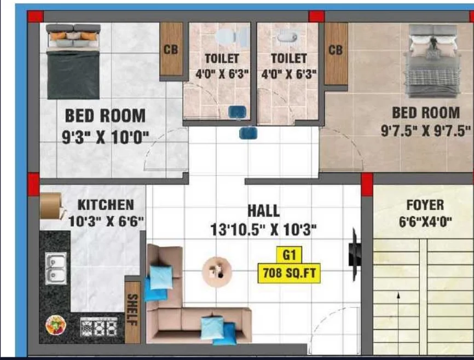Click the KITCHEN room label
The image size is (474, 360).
106,205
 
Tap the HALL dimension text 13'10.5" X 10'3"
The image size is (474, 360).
263,230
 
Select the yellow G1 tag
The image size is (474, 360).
290,256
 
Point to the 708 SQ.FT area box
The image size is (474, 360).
289,273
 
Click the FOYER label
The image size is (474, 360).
425,205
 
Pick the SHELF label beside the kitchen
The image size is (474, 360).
132,309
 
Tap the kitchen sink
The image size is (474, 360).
56,269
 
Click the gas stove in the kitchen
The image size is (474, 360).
99,327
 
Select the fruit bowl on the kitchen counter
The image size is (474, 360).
56,325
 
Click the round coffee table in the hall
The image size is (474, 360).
217,271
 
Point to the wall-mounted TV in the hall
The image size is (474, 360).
355,254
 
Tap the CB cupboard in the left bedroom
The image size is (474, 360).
171,49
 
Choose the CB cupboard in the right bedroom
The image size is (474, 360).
336,54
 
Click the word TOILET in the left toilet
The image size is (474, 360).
222,59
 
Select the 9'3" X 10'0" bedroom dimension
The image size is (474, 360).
106,138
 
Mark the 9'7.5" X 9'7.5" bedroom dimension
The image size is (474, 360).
426,131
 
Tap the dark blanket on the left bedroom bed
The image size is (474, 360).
73,74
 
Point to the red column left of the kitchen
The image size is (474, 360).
34,184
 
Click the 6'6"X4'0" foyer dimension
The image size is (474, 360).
425,222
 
